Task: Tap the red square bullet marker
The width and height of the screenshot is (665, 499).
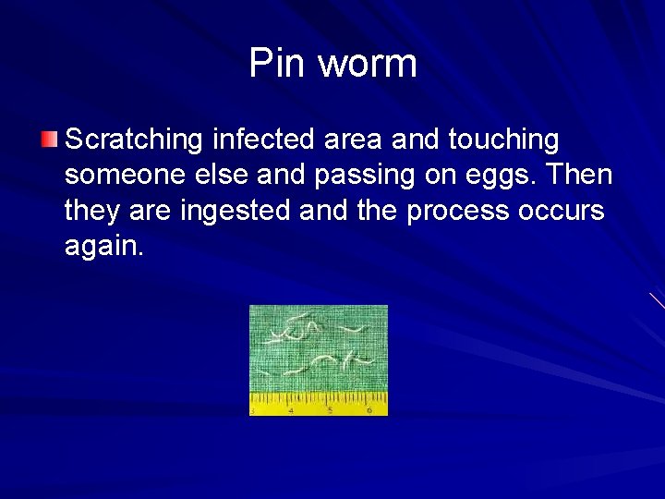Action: (x=50, y=140)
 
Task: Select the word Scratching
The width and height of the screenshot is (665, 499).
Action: (x=135, y=140)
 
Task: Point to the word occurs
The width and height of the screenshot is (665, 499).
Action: (x=562, y=212)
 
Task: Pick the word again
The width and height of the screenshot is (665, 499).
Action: (x=104, y=247)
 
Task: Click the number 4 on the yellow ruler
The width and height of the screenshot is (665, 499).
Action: (x=291, y=409)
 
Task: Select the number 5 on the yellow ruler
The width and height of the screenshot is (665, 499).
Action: (x=329, y=409)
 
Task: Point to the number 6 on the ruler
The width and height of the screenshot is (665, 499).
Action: (x=369, y=409)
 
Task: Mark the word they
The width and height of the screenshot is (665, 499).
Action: (x=94, y=212)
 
